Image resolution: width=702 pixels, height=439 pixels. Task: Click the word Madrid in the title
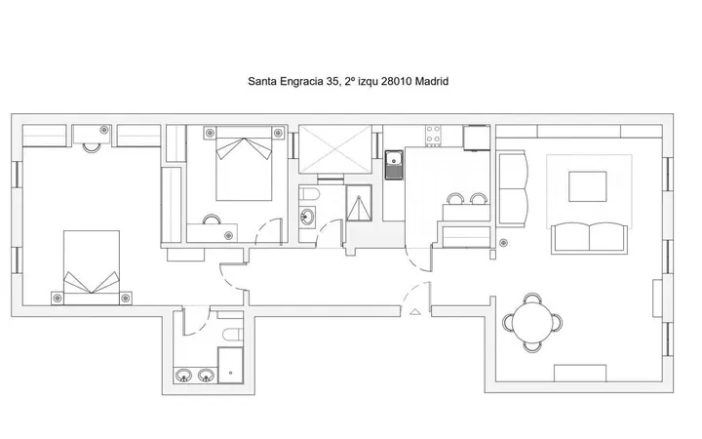point(432,82)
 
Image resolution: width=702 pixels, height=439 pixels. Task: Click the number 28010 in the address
point(397,82)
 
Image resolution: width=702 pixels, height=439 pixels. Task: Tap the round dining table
point(532,322)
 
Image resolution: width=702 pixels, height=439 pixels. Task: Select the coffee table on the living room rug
point(587,186)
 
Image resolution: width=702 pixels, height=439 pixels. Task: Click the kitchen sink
point(394,165)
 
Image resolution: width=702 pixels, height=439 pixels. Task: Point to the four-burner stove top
point(433,136)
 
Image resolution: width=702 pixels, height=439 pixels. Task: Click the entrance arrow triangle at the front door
point(415,312)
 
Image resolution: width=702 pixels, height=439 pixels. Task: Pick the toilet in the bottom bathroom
point(232,335)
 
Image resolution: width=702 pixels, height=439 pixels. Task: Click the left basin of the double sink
point(183,375)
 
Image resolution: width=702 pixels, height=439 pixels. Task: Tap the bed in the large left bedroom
point(92,268)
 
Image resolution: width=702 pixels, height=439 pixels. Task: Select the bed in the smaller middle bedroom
point(244,164)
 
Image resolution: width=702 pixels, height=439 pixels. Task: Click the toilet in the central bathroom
point(309,194)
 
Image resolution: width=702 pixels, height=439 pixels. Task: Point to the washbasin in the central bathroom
point(307,218)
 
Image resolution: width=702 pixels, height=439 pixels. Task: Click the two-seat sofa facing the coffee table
point(589,238)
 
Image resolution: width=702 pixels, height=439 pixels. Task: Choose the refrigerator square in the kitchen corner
point(477,138)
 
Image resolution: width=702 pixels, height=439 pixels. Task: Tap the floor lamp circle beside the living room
point(503,243)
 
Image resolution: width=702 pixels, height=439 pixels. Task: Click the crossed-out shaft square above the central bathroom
point(335,149)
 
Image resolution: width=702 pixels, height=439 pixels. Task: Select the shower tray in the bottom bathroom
point(230,365)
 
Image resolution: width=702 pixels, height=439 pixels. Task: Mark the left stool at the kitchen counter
point(455,199)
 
